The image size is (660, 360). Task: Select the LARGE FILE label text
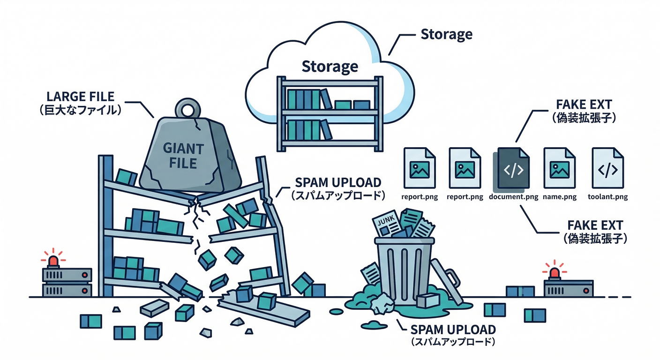[81, 97]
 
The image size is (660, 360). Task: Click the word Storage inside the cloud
[330, 66]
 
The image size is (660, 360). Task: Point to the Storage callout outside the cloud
[446, 34]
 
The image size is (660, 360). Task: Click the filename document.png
[513, 197]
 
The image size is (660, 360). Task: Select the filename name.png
[560, 197]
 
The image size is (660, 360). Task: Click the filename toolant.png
[608, 197]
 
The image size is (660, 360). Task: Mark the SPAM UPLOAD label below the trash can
[453, 329]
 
